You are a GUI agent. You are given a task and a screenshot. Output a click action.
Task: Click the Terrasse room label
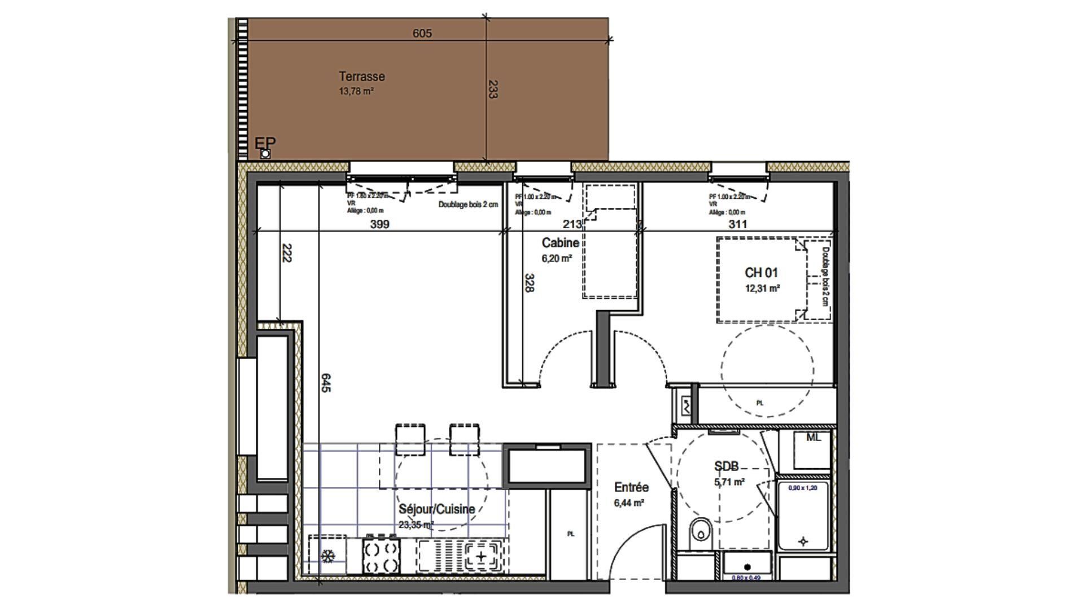[x=361, y=76]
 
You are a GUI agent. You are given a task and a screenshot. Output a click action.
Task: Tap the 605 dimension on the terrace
[x=422, y=33]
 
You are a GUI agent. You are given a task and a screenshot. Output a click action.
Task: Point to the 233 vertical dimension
[x=492, y=89]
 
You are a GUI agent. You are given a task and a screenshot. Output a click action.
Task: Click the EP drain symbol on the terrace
[x=265, y=154]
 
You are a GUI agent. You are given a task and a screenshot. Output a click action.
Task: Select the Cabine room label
[x=560, y=243]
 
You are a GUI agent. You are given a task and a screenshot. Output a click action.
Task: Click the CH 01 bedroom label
[x=761, y=273]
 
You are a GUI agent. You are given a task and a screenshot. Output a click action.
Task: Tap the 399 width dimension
[x=379, y=224]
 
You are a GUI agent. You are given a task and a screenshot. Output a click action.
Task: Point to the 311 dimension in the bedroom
[x=737, y=224]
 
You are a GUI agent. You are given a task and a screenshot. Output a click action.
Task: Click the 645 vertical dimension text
[x=326, y=382]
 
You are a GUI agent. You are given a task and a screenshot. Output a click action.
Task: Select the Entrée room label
[x=631, y=487]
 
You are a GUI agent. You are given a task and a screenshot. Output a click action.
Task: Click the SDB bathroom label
[x=726, y=466]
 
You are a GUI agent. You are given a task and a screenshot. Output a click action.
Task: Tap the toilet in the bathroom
[x=701, y=531]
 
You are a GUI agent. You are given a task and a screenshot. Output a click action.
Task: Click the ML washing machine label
[x=813, y=437]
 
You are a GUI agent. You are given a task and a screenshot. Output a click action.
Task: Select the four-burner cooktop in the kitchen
[x=381, y=556]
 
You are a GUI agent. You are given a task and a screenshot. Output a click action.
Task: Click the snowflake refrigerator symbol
[x=327, y=556]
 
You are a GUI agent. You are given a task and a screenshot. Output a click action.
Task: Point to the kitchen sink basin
[x=481, y=557]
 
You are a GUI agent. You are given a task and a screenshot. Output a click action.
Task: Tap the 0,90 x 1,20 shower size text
[x=802, y=488]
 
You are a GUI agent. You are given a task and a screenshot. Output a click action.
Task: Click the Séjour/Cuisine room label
[x=436, y=509]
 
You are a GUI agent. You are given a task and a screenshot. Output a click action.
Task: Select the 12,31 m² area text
[x=762, y=288]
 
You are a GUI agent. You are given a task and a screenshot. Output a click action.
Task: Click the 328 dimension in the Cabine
[x=529, y=283]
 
